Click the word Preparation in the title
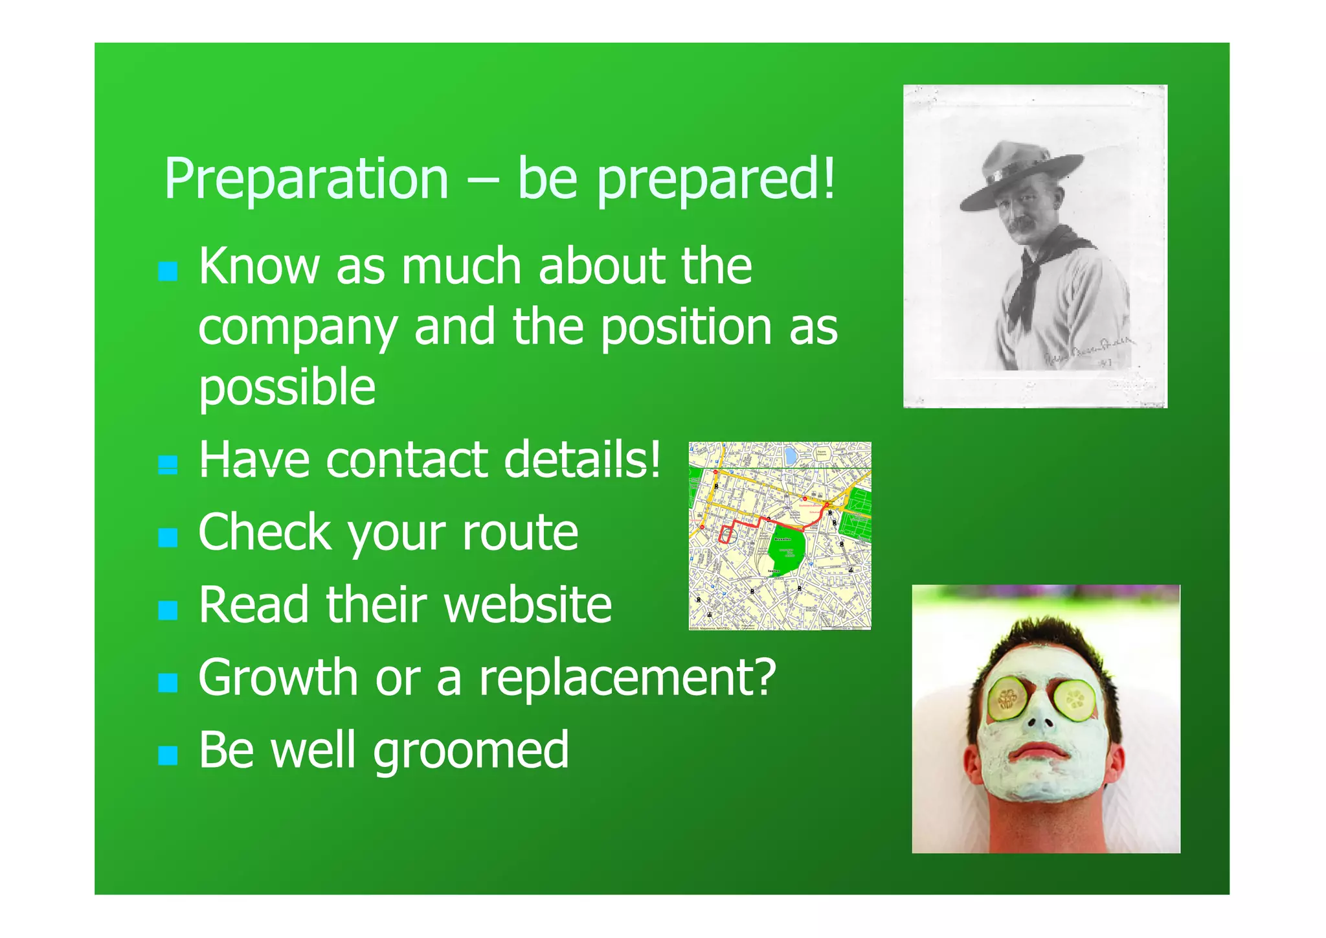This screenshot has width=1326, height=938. coord(306,179)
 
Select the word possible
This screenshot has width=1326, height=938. coord(287,387)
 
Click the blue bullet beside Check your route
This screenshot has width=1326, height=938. coord(168,537)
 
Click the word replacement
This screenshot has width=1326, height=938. coord(627,678)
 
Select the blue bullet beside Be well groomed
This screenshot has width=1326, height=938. coord(168,755)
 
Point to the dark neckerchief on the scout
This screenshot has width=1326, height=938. coord(1036,272)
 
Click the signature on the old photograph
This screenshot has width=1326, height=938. coord(1088,353)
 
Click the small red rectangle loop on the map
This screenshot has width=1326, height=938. coord(726,534)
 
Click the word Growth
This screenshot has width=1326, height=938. coord(278,678)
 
